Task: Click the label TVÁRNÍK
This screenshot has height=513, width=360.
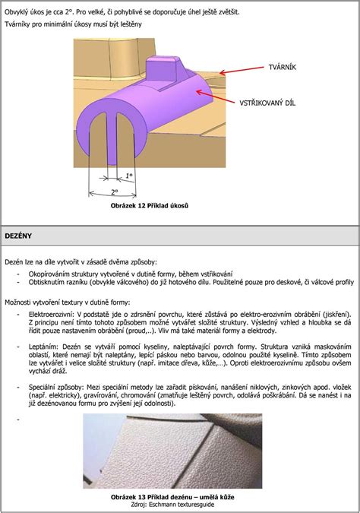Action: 283,68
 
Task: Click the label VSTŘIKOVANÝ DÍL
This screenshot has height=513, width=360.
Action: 267,103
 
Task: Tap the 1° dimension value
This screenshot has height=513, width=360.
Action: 129,176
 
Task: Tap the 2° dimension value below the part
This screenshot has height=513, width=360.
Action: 114,192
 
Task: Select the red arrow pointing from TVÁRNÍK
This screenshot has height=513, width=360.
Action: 242,71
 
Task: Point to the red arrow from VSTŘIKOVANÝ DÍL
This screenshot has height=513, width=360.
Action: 215,97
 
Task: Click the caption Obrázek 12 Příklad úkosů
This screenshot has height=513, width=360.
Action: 150,206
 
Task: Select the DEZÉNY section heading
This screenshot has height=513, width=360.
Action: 18,236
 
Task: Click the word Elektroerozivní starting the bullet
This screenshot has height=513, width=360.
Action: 49,315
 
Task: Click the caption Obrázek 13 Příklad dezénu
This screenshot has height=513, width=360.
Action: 172,497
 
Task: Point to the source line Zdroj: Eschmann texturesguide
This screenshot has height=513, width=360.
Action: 172,504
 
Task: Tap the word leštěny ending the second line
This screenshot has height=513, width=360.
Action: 131,24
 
